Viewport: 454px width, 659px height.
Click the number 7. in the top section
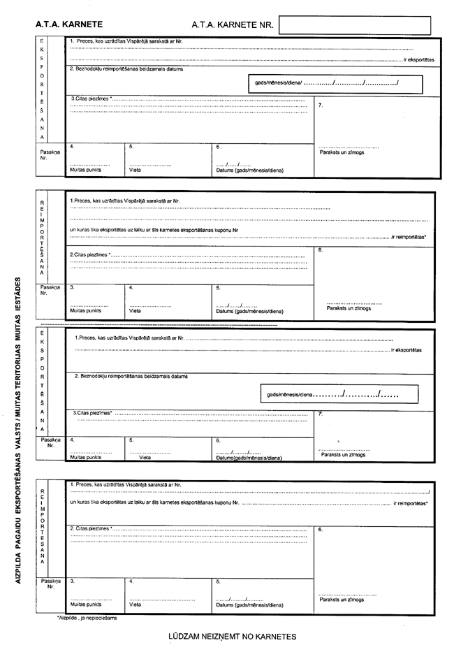(320, 105)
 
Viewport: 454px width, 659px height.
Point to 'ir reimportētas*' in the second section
(409, 238)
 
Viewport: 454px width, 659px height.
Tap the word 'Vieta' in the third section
(145, 458)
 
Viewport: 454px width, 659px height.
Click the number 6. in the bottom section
(320, 530)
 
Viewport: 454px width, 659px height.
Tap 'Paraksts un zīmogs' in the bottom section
(342, 600)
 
